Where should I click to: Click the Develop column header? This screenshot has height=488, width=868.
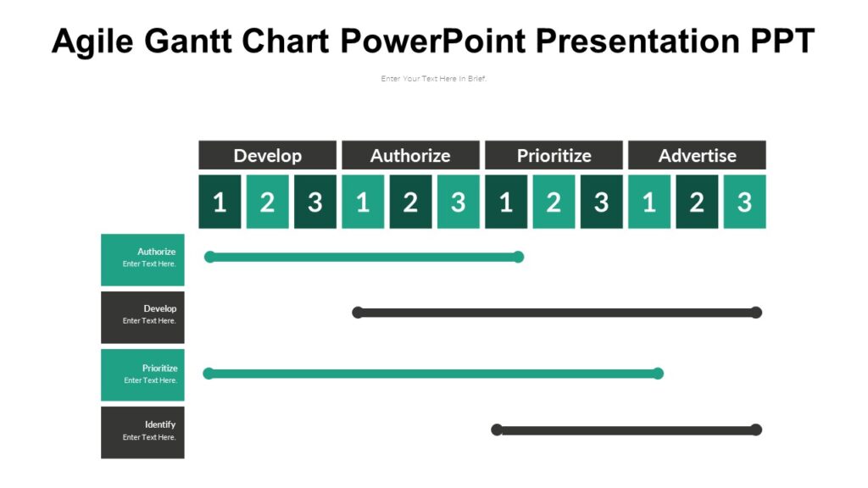click(267, 155)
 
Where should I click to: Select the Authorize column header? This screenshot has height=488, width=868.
click(410, 155)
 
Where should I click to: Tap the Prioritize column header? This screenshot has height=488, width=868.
click(554, 155)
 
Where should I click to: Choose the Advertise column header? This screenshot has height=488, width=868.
click(697, 155)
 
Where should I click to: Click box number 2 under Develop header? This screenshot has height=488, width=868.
click(267, 202)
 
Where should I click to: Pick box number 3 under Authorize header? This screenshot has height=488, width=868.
click(458, 202)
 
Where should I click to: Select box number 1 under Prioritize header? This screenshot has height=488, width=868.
click(506, 202)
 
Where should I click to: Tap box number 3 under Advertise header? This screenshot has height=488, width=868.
click(744, 202)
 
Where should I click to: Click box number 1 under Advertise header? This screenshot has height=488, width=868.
click(649, 202)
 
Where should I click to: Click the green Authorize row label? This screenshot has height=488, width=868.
click(142, 259)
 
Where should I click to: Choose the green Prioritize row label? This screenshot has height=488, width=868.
click(142, 374)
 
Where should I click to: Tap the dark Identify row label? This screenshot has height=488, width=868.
click(142, 432)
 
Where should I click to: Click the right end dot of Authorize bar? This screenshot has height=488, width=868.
click(518, 257)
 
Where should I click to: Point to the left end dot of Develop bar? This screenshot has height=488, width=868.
click(358, 313)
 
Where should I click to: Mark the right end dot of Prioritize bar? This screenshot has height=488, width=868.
click(658, 373)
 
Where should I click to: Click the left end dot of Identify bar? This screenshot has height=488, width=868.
click(498, 430)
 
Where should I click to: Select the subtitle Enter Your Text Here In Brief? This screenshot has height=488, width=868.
click(433, 79)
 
